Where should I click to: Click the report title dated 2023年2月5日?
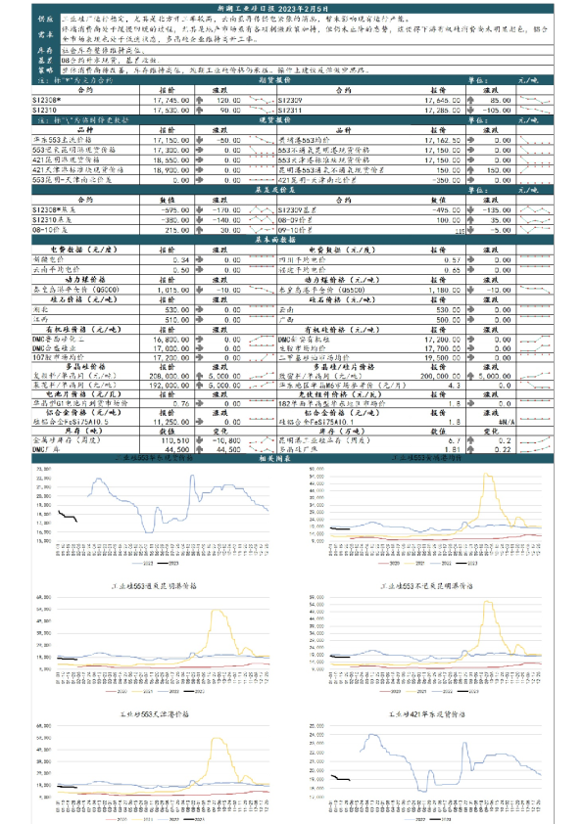click(291, 7)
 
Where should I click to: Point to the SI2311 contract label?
click(291, 110)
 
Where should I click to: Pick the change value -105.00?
click(500, 110)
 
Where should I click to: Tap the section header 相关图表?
click(291, 458)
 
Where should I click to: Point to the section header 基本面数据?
click(291, 238)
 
